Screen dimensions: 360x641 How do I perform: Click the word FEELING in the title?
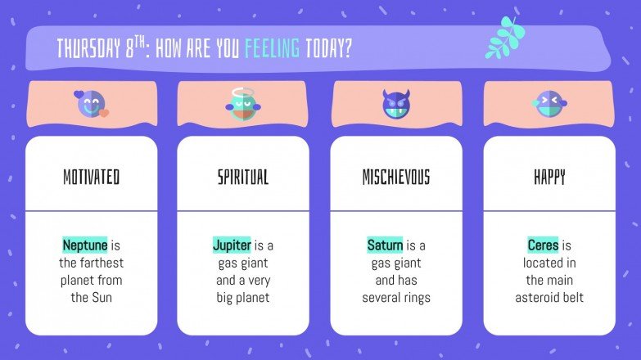tap(272, 49)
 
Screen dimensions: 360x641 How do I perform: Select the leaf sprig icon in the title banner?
tap(502, 38)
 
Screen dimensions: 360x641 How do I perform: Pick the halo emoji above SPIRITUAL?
tap(242, 104)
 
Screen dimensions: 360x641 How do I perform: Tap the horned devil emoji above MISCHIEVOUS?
tap(395, 104)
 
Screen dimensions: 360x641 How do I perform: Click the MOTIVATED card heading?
tap(91, 177)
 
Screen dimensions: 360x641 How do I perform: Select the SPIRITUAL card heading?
tap(242, 177)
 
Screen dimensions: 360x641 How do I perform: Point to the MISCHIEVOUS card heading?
tap(395, 177)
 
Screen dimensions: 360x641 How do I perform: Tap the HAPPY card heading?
tap(548, 177)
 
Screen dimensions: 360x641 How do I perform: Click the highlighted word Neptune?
tap(85, 245)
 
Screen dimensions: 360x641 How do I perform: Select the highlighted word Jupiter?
tap(232, 245)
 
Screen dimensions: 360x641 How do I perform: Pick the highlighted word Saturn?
tap(386, 245)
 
